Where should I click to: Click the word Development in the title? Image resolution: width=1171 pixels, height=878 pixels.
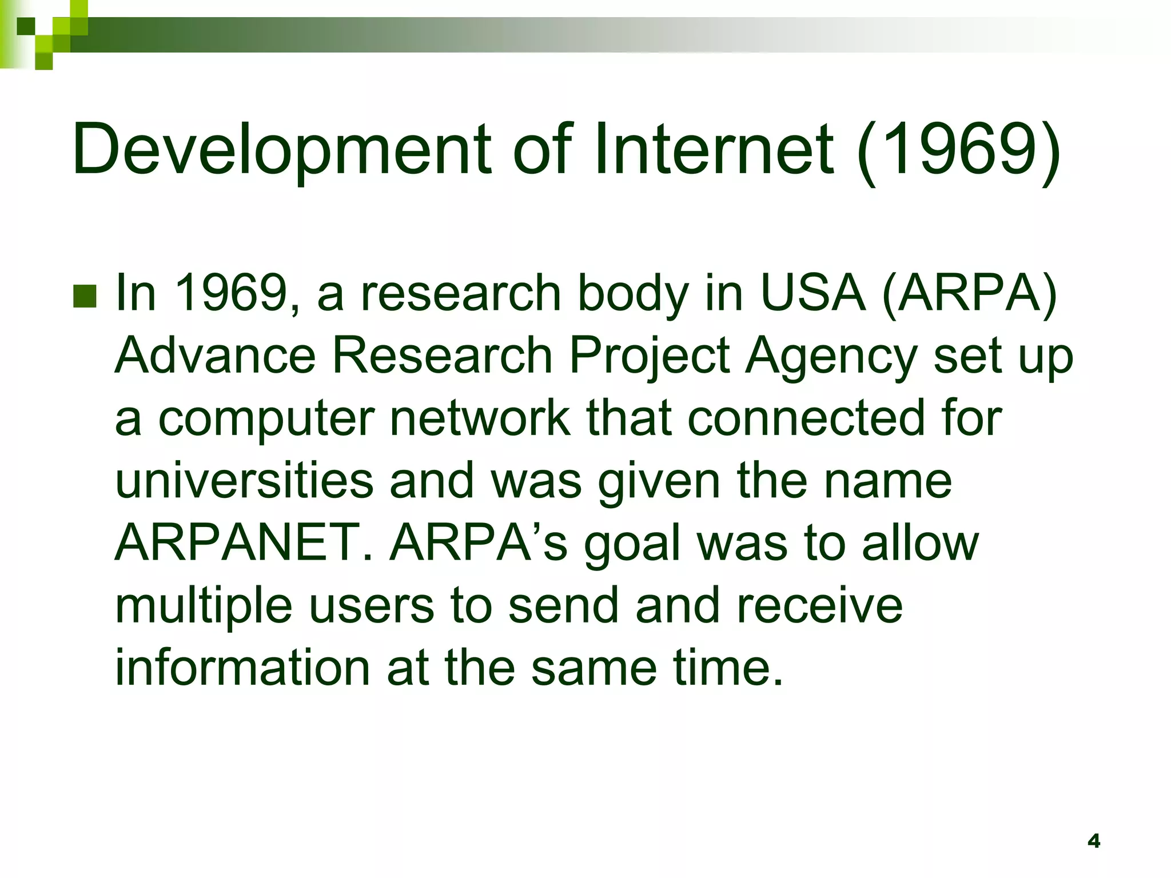pos(280,150)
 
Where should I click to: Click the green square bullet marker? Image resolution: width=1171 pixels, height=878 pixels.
pos(85,296)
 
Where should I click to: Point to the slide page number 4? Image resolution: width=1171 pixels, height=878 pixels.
pos(1094,841)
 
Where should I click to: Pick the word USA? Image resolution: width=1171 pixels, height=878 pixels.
pos(812,292)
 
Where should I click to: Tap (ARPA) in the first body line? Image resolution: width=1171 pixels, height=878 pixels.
pos(970,293)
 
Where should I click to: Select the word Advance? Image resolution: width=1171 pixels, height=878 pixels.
pos(215,355)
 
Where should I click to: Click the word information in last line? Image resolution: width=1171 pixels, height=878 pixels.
pos(242,668)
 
